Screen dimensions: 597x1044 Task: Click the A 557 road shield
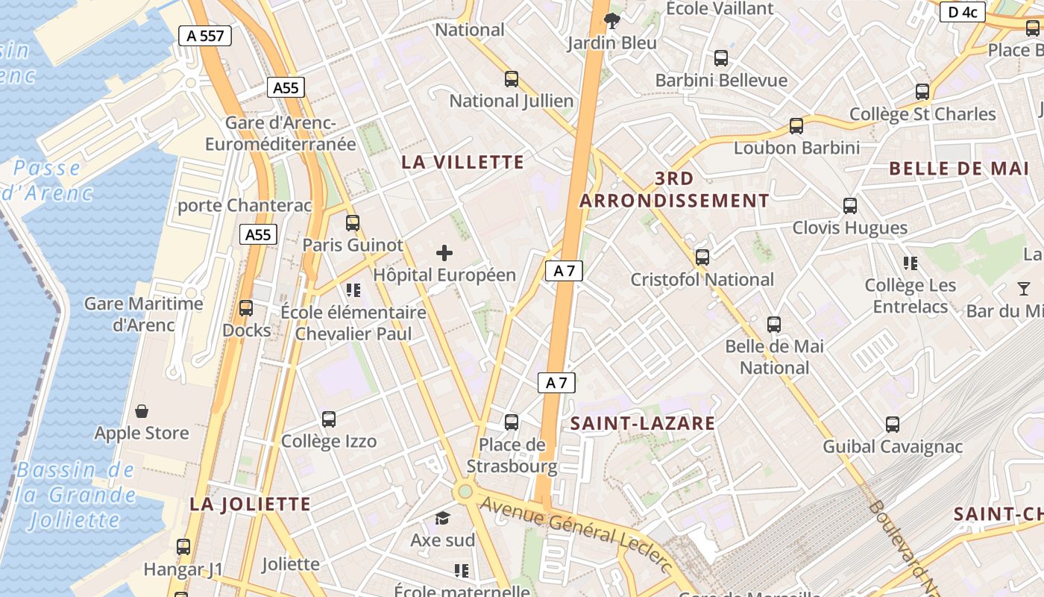coord(205,36)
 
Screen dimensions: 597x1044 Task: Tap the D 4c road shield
coord(962,12)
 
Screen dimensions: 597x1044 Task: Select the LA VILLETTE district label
coord(463,162)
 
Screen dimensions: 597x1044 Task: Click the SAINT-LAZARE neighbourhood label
coord(643,424)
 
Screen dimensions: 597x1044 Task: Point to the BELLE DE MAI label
coord(959,169)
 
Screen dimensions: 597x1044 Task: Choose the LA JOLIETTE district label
coord(250,504)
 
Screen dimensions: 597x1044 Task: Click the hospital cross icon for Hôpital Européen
coord(444,253)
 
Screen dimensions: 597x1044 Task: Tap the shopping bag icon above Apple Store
coord(142,411)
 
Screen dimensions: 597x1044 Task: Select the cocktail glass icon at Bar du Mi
coord(1024,288)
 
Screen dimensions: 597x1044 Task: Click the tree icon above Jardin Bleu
coord(612,20)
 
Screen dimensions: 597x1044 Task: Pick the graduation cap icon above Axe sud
coord(443,518)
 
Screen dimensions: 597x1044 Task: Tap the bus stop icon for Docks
coord(246,308)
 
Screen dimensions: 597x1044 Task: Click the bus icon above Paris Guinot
coord(353,223)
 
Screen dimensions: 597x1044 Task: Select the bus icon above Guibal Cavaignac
coord(893,425)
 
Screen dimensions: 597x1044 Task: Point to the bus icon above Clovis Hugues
coord(849,206)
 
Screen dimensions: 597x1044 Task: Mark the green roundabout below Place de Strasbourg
coord(465,491)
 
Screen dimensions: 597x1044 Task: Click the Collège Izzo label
coord(329,442)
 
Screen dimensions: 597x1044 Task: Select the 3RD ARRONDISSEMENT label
coord(674,190)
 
